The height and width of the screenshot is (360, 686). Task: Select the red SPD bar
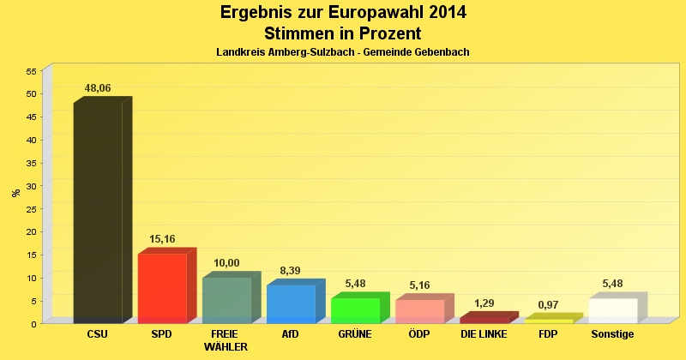(x=162, y=288)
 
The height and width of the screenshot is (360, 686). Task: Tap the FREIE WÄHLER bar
(x=226, y=300)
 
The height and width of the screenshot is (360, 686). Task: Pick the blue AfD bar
(x=291, y=303)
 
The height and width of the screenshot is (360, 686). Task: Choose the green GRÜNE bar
(x=355, y=310)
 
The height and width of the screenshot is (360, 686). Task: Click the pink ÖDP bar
(x=419, y=311)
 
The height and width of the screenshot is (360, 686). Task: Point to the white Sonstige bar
(x=613, y=310)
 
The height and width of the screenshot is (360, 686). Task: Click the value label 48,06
(x=98, y=88)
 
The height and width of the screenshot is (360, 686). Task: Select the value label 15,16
(x=162, y=239)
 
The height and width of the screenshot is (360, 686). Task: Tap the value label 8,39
(x=291, y=270)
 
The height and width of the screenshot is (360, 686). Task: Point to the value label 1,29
(x=484, y=303)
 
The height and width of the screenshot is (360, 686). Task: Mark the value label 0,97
(x=549, y=305)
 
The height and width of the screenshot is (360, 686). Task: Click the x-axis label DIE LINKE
(x=484, y=334)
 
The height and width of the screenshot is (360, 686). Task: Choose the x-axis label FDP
(x=549, y=334)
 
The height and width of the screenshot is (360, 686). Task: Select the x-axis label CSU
(x=98, y=334)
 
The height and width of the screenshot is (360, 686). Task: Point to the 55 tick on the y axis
(x=31, y=71)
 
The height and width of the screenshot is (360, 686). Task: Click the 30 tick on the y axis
(x=31, y=186)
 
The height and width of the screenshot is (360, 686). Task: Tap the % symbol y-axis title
(x=15, y=193)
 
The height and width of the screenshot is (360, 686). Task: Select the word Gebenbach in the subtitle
(x=439, y=52)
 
